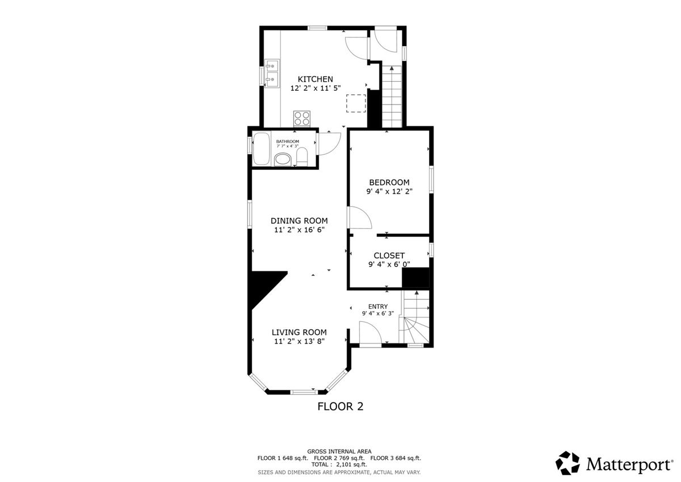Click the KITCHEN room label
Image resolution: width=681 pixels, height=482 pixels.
tap(316, 79)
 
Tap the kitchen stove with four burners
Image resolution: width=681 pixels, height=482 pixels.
tap(302, 119)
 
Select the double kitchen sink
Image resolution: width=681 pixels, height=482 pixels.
tap(59, 73)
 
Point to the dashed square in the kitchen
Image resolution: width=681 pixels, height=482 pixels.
tap(356, 103)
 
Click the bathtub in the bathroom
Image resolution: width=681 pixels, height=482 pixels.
tap(262, 149)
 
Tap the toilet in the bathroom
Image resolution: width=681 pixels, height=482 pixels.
tap(302, 157)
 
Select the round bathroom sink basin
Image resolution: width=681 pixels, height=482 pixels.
tap(283, 160)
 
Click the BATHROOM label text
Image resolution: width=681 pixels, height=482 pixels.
tap(287, 141)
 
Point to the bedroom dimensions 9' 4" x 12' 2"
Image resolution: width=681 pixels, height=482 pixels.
tap(389, 191)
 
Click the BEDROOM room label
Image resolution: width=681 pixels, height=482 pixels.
tap(389, 182)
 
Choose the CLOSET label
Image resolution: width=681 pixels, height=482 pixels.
tap(389, 255)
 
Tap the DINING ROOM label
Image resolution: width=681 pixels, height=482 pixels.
tap(299, 221)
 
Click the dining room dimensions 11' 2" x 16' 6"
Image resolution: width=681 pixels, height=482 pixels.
tap(299, 230)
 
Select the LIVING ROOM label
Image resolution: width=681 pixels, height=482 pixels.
tap(299, 332)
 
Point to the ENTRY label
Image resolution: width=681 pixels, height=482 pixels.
tap(378, 307)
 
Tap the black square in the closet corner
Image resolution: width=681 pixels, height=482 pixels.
tap(415, 278)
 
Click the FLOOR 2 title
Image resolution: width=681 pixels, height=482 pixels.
tap(340, 406)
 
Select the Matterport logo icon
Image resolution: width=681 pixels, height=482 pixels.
tap(567, 463)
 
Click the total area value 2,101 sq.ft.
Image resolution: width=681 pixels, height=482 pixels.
tap(351, 464)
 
